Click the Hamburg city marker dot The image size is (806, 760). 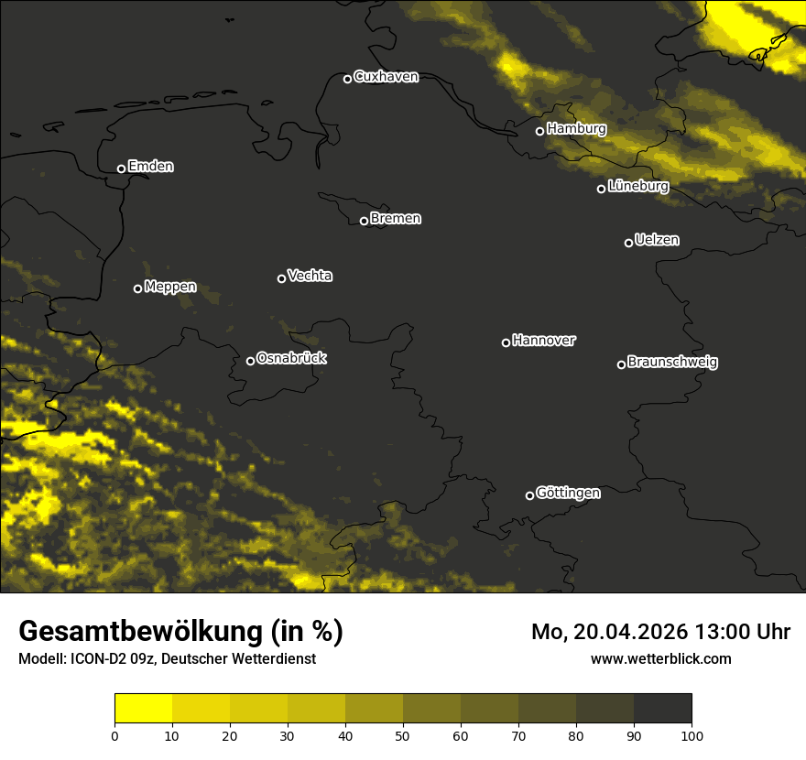(539, 131)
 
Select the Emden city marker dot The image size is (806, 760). (121, 168)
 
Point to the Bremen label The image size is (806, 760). (396, 219)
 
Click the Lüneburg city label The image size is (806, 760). (637, 187)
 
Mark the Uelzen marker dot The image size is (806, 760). (628, 243)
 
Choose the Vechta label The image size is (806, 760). (310, 276)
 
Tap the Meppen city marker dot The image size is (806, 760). (137, 288)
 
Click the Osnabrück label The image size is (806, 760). (291, 358)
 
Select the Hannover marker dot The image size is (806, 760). (506, 342)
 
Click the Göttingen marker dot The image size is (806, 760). (529, 495)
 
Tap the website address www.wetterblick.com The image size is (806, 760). (661, 658)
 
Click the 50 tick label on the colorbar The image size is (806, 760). (403, 735)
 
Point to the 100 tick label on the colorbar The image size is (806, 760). (692, 735)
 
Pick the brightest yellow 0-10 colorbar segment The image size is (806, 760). (143, 708)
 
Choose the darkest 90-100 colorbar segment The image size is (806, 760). (662, 708)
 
